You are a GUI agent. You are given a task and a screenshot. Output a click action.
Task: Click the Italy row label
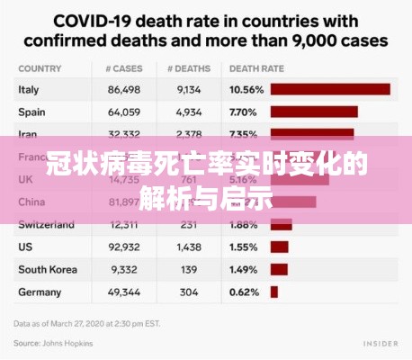28,89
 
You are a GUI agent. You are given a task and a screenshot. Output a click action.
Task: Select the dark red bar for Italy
330,89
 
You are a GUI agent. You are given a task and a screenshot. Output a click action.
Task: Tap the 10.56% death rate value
246,89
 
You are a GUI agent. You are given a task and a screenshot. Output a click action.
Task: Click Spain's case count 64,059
123,112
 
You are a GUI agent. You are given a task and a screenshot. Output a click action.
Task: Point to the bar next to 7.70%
314,112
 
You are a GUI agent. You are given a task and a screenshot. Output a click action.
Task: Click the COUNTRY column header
38,67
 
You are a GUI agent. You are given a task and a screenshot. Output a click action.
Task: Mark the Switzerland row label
47,223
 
